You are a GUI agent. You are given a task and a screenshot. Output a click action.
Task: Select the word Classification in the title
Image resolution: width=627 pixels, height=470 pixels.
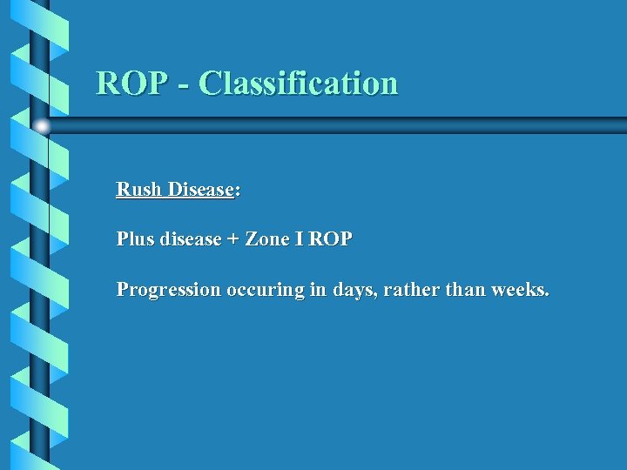coord(298,83)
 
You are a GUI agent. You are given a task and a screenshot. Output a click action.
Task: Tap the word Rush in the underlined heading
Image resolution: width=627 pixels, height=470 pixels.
coord(139,190)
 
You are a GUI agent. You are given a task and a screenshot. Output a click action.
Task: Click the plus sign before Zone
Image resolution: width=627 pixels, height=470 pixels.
coord(233,239)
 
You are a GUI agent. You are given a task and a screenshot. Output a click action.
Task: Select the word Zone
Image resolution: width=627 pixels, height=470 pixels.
coord(268,238)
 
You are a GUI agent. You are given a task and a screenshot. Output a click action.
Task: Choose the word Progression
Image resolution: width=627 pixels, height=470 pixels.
coord(169,290)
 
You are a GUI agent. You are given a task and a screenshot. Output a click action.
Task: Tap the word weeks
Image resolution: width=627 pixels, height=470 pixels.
coord(520,290)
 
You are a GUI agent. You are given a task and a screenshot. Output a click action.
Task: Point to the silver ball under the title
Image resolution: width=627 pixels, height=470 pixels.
coord(41,126)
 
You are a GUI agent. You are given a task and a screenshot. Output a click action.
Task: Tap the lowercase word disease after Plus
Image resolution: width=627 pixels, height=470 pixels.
coord(191,238)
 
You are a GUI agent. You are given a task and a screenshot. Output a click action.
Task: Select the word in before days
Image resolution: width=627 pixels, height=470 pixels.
coord(318,290)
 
